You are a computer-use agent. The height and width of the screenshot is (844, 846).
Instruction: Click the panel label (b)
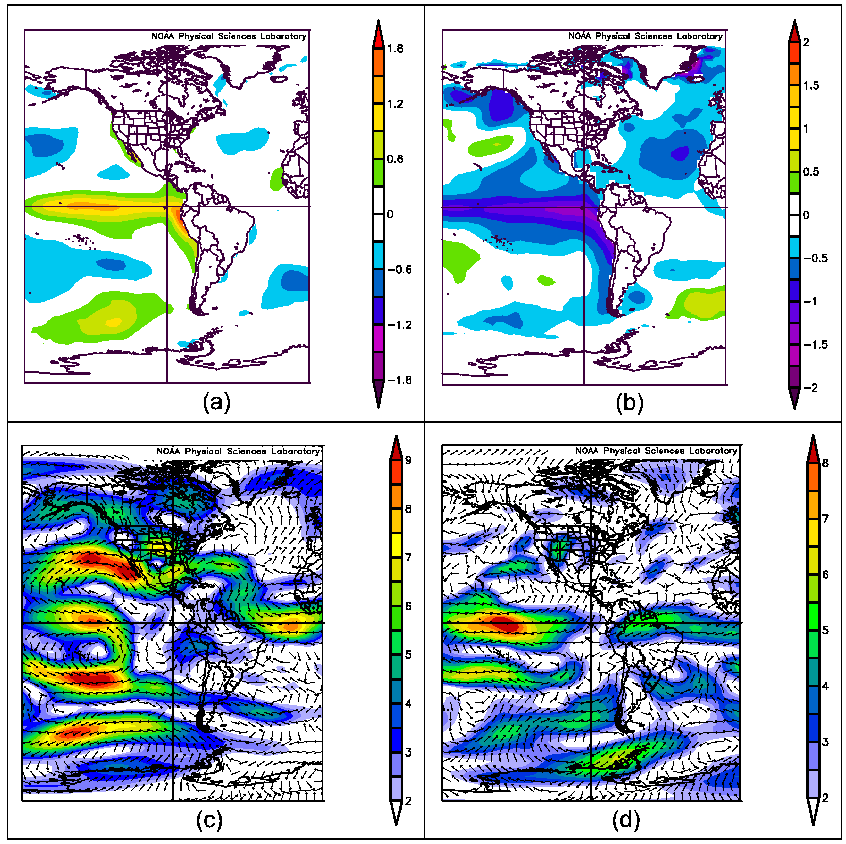(629, 403)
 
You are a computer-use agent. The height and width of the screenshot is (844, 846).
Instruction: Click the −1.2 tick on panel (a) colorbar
(399, 325)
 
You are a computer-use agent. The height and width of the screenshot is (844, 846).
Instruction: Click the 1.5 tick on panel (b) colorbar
(811, 86)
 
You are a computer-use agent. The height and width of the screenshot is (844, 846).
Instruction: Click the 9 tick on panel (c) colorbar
(408, 460)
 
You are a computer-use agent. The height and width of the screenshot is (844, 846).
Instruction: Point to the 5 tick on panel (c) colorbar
(408, 655)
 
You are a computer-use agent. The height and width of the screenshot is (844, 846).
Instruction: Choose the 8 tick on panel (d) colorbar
(825, 463)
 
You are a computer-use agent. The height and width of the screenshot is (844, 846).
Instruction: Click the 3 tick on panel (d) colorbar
(825, 742)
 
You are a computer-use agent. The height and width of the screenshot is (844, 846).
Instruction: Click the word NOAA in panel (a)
(163, 36)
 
